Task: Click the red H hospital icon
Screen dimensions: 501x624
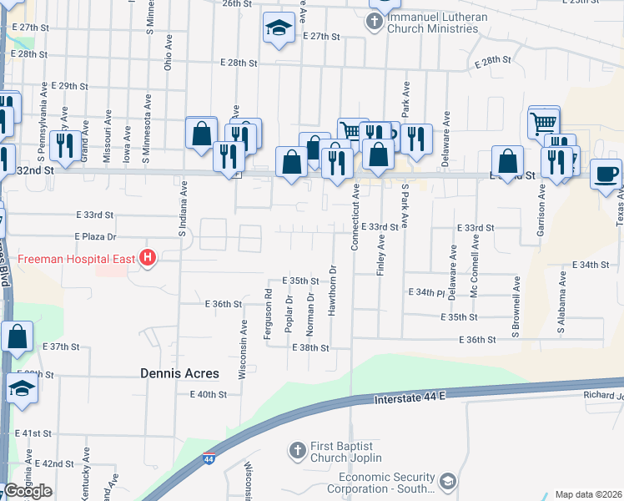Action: pos(148,258)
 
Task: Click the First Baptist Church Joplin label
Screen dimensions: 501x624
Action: pos(346,452)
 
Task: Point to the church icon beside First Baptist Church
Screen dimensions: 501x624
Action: pos(297,452)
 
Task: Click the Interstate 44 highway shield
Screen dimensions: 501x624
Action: pos(208,459)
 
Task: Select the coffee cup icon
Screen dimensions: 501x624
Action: pos(606,175)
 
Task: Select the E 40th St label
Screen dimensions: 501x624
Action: pos(209,394)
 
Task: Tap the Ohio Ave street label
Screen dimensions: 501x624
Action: pos(168,53)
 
